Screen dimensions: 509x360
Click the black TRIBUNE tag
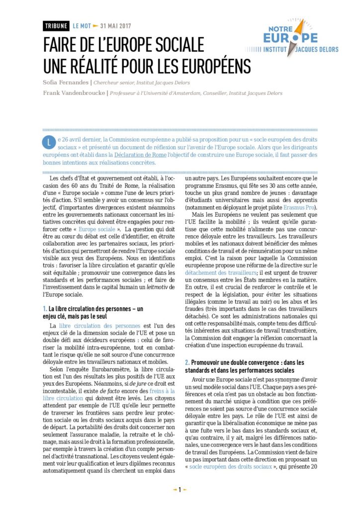click(56, 26)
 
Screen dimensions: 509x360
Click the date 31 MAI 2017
click(115, 26)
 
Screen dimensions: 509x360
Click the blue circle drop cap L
click(48, 143)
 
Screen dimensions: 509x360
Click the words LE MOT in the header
click(82, 26)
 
